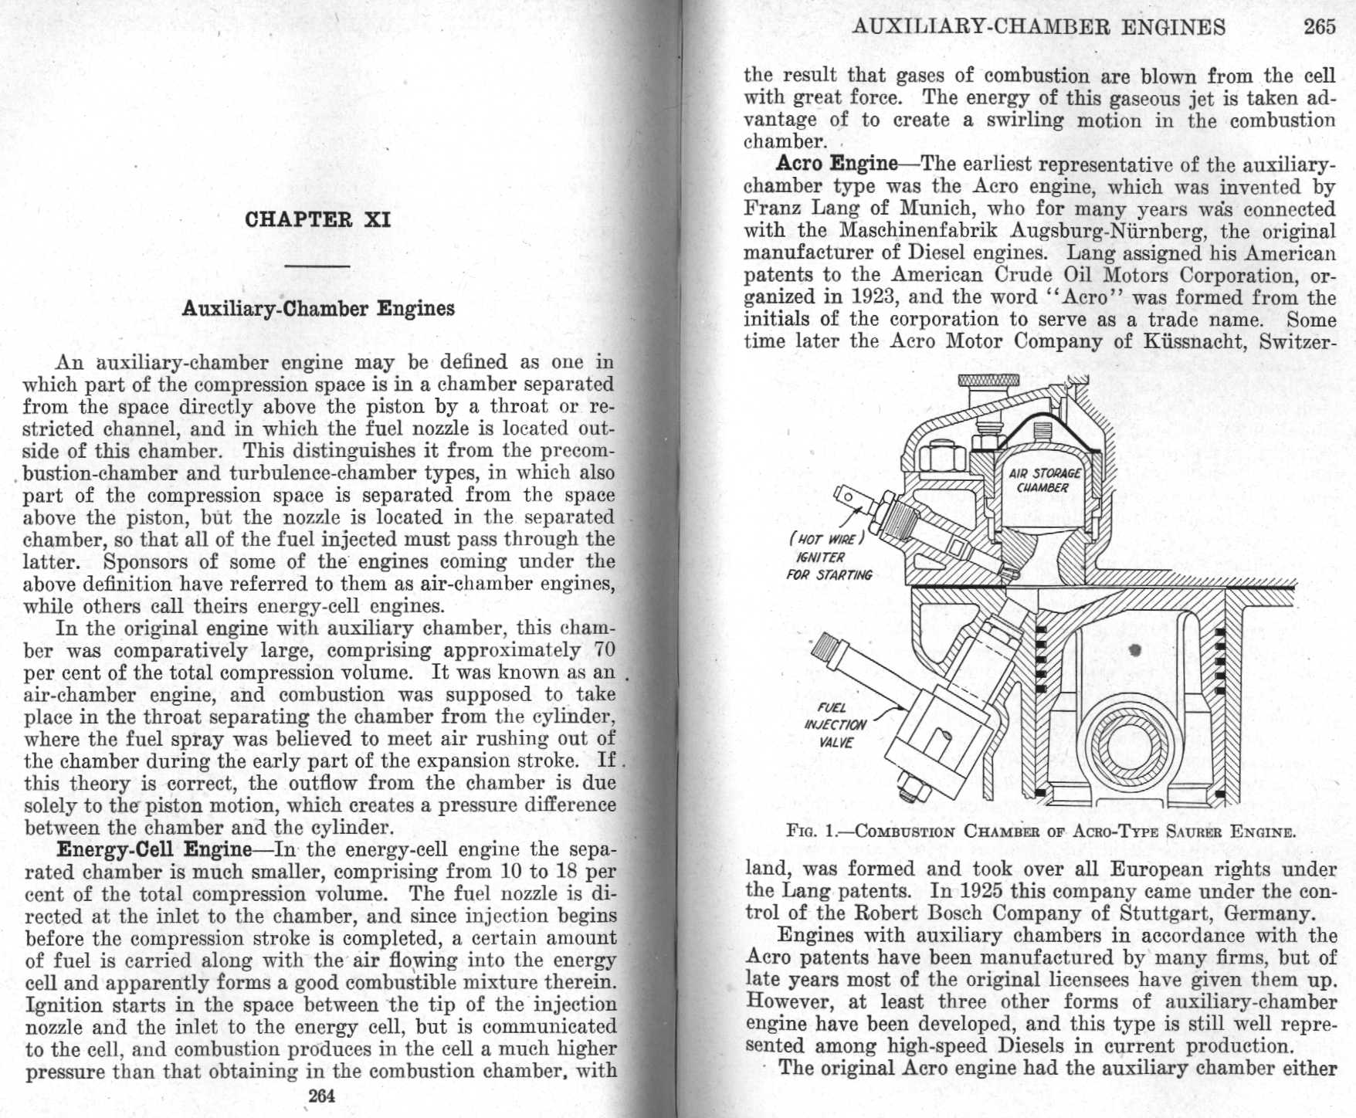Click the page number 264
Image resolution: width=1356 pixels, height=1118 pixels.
(321, 1096)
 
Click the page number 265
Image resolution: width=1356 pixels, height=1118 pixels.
(1319, 27)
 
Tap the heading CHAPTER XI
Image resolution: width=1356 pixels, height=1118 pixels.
(318, 219)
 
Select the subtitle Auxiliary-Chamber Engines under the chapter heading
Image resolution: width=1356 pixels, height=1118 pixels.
(318, 309)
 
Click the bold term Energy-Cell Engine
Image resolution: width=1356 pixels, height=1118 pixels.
(154, 850)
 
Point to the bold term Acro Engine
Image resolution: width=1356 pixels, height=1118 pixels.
(837, 164)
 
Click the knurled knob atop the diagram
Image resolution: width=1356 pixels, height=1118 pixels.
(988, 381)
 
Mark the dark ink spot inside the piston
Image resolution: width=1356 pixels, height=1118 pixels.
(1134, 650)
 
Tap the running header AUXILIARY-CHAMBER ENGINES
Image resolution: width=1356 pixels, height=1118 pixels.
(1038, 27)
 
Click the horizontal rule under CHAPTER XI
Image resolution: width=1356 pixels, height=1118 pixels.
(318, 266)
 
